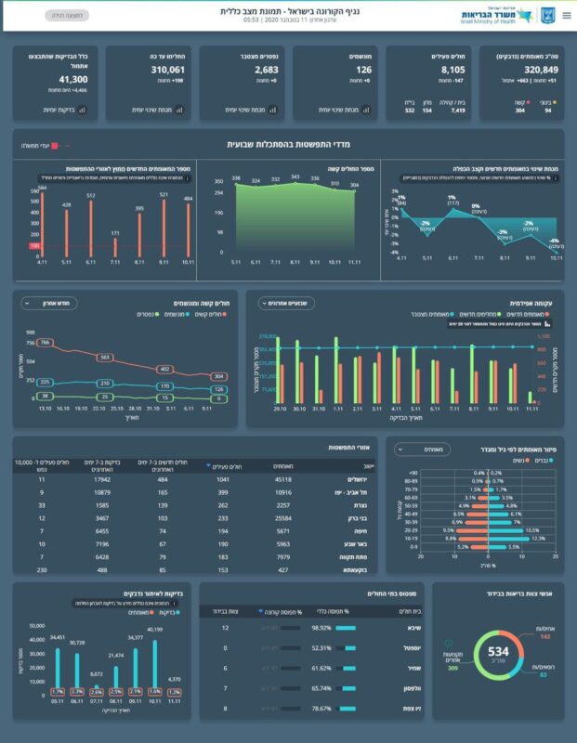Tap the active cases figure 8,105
point(433,70)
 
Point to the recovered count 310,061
point(168,70)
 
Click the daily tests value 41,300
point(66,81)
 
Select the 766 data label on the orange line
point(44,343)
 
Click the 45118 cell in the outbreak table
point(279,480)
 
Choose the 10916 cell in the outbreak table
point(279,492)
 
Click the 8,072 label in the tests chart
point(96,674)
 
